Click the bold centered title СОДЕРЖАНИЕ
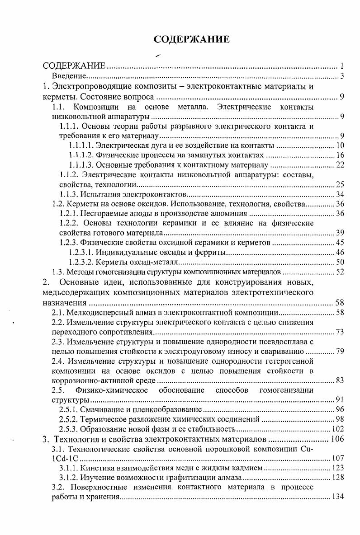point(192,39)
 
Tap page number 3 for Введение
point(342,75)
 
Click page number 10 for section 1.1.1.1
point(340,145)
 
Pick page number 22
point(340,165)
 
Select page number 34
point(340,195)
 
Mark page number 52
point(340,272)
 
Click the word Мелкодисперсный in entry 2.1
point(98,312)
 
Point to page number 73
point(340,332)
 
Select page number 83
point(340,380)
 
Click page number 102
point(338,429)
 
